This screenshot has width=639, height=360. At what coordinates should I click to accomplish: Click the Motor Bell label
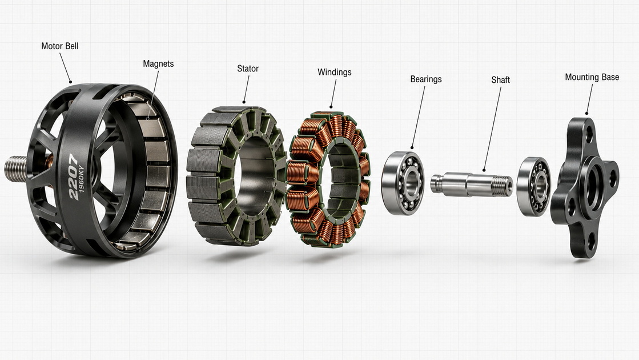click(60, 46)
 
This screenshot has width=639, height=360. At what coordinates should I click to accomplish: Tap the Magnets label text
click(158, 64)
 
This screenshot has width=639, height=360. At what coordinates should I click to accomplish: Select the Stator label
click(248, 69)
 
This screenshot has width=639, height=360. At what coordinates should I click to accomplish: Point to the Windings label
click(334, 73)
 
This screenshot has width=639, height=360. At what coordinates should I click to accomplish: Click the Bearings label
click(426, 79)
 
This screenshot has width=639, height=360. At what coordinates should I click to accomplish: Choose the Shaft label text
click(500, 80)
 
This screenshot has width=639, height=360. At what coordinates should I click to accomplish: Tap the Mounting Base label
click(592, 77)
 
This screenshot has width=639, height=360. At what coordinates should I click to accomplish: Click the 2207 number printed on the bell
click(74, 177)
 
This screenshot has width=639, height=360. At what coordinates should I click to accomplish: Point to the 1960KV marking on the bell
click(81, 179)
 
